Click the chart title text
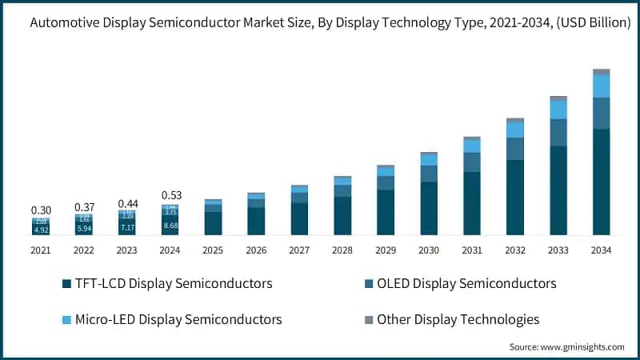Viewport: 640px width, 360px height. (x=320, y=24)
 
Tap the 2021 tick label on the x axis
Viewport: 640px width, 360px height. (x=41, y=250)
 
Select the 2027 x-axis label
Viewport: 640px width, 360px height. (x=299, y=250)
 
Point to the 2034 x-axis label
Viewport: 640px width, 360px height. (x=601, y=250)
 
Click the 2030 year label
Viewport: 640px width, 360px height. (x=429, y=250)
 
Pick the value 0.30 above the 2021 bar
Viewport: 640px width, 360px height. (x=41, y=210)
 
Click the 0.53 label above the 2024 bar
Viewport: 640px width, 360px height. (x=170, y=196)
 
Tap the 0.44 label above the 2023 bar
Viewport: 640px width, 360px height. (x=127, y=203)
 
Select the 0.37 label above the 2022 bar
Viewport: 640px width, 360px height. (x=84, y=207)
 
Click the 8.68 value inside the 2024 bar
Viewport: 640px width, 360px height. (x=170, y=227)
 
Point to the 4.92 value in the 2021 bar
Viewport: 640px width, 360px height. (x=41, y=230)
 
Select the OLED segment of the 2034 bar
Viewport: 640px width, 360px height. (x=601, y=113)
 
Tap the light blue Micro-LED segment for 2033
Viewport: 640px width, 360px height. (x=558, y=109)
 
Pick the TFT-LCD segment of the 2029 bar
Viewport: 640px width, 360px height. (x=386, y=212)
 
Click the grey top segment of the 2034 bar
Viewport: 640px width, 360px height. (x=601, y=72)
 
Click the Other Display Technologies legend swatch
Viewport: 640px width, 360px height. (x=369, y=320)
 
